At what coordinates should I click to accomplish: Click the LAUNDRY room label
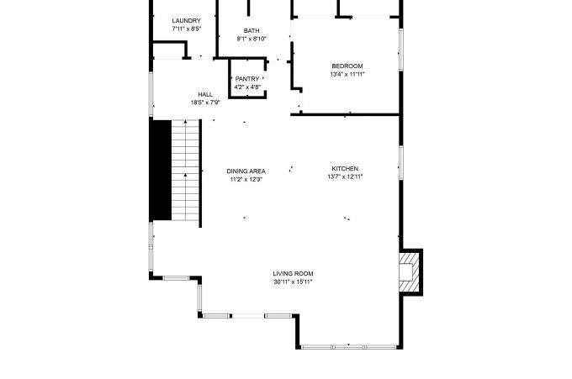pos(187,21)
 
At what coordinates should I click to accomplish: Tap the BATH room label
pos(252,30)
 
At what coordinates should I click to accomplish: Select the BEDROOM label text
pos(347,66)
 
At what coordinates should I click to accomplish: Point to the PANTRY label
pos(247,79)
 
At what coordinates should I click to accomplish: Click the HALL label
pos(205,94)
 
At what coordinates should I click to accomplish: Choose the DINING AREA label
pos(246,171)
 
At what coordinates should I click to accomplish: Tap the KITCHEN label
pos(345,168)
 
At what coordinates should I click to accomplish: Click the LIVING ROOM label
pos(293,273)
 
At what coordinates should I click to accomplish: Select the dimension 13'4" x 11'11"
pos(347,74)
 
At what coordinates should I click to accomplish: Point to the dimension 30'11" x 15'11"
pos(293,282)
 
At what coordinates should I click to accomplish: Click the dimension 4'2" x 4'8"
pos(247,87)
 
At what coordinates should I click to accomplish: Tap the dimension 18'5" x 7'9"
pos(205,103)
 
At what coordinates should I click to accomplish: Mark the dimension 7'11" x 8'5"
pos(187,29)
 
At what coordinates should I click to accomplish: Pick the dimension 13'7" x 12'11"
pos(345,176)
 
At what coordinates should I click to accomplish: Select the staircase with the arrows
pos(186,170)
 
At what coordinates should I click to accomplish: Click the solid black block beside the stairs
pos(161,170)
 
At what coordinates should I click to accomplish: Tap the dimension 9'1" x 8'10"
pos(252,39)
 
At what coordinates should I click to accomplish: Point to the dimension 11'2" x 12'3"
pos(246,179)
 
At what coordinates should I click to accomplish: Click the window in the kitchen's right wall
pos(401,163)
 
